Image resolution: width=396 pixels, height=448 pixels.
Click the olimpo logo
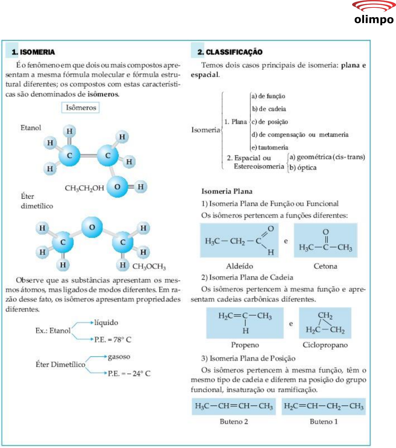click(x=374, y=13)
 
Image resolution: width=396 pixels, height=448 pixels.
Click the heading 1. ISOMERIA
click(x=33, y=52)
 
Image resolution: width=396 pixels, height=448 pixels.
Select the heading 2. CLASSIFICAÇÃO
click(x=230, y=52)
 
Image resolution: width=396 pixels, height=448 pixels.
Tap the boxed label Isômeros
click(x=81, y=108)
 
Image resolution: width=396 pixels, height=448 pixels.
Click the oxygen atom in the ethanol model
click(x=117, y=186)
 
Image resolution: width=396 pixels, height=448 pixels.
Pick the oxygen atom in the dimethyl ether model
click(x=92, y=227)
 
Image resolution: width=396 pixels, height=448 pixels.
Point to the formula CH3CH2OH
click(x=84, y=188)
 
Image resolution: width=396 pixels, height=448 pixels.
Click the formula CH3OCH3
click(x=149, y=266)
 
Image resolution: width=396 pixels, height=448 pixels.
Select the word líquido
click(x=106, y=323)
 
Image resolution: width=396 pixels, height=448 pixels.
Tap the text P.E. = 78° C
click(x=113, y=339)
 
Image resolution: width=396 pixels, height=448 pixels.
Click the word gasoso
click(x=119, y=356)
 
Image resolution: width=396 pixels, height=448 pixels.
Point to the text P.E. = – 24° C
click(x=129, y=373)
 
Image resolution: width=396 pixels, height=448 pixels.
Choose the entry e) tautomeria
click(x=270, y=147)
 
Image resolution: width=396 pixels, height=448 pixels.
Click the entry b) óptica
click(x=303, y=167)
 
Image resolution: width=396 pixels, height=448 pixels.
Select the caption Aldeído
click(x=239, y=266)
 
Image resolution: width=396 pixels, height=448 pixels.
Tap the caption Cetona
click(x=325, y=266)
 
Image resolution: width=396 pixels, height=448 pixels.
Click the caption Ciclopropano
click(x=325, y=345)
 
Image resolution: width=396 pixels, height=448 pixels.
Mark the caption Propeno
click(x=245, y=345)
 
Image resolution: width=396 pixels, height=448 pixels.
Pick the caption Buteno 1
click(x=323, y=422)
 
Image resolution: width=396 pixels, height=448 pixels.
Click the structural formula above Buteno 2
click(x=234, y=406)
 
